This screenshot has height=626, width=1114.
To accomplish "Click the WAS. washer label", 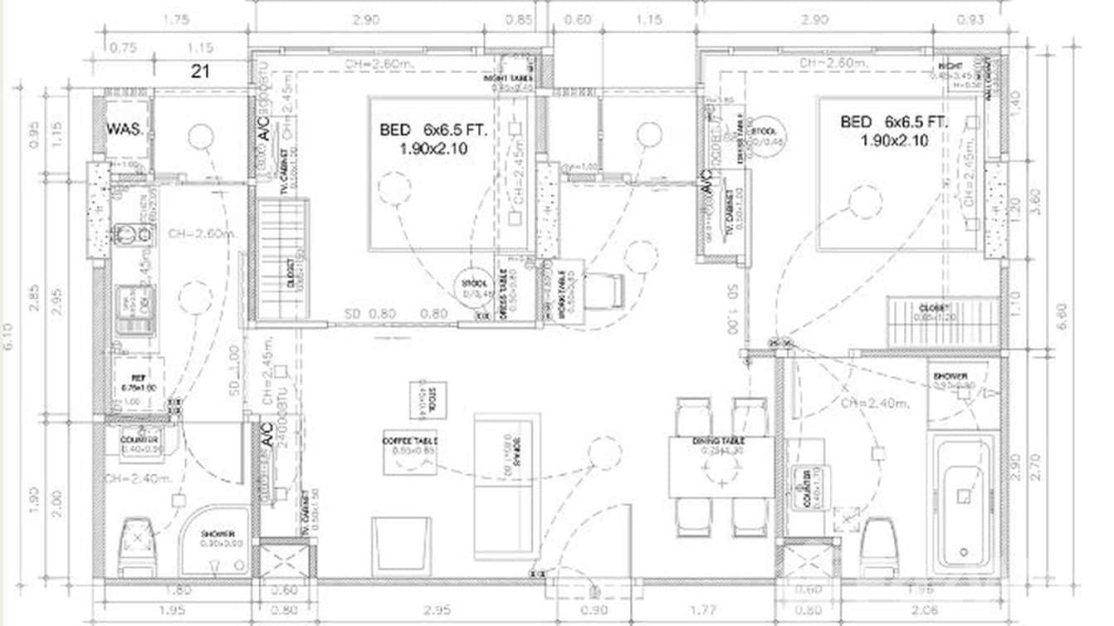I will (125, 130).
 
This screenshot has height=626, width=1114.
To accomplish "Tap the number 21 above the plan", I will (200, 71).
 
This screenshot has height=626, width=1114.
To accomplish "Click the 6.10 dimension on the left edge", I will (11, 337).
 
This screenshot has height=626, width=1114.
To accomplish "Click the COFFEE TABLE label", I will (410, 441).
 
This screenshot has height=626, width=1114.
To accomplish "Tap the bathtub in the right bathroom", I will (963, 504).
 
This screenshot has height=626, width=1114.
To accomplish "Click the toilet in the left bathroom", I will (136, 545).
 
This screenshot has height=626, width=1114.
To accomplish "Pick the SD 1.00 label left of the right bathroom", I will (733, 310).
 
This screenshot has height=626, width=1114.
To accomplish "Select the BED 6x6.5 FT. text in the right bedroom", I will (893, 122).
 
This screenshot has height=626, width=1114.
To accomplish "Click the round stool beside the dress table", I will (476, 284).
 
